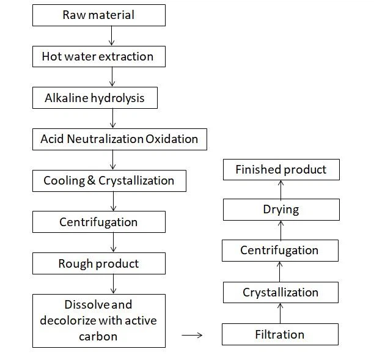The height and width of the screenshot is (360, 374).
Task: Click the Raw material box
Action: point(98,15)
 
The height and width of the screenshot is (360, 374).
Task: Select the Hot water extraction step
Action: point(98,57)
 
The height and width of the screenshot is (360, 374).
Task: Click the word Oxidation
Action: point(172,139)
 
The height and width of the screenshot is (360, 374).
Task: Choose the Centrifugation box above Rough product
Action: point(98,222)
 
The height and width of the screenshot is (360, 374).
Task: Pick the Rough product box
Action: point(98,264)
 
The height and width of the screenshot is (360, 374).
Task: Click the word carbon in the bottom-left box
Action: point(98,336)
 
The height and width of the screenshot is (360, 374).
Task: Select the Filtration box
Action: point(279,334)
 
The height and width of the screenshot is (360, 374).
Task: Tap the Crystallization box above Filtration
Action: point(280,293)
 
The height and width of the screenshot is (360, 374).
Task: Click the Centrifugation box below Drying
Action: point(279,251)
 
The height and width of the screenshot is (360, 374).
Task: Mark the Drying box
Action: point(280,210)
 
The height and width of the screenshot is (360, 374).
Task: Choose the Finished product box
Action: point(280,170)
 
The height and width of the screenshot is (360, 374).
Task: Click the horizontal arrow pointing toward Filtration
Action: point(193,335)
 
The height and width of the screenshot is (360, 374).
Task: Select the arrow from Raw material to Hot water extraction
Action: point(111,36)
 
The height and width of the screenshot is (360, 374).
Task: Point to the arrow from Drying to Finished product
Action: point(280,189)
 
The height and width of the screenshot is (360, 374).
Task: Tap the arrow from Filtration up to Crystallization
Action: point(280,314)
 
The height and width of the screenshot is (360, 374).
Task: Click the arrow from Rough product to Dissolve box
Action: point(112,284)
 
